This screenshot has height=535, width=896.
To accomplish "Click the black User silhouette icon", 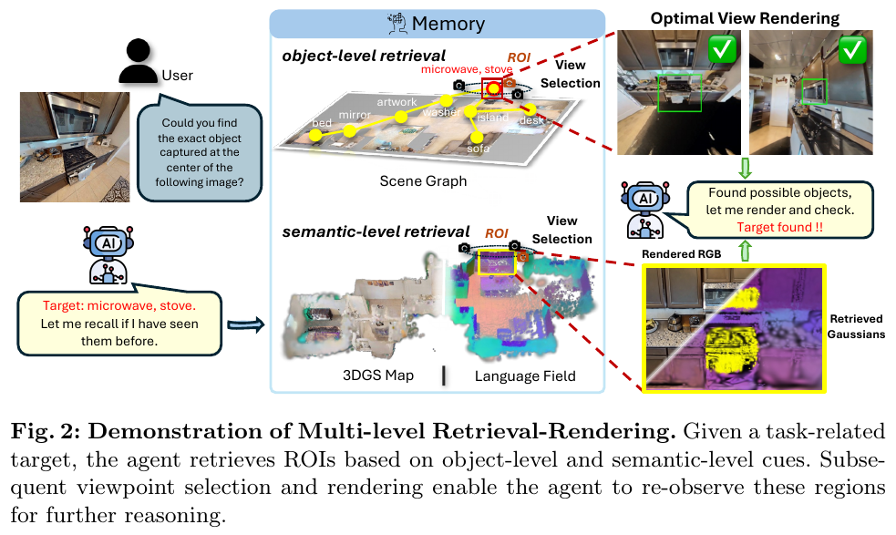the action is click(138, 61).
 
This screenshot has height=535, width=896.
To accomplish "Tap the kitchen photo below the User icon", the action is click(75, 147).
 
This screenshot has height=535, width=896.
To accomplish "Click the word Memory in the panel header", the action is click(448, 24).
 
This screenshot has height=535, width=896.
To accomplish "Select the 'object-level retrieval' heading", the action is click(364, 56).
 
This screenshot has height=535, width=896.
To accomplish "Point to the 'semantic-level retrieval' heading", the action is click(376, 231).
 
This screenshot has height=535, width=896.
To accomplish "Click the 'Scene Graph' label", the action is click(423, 181).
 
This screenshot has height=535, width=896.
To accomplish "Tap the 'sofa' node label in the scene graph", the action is click(478, 149).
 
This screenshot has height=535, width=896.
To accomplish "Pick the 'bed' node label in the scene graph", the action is click(322, 123).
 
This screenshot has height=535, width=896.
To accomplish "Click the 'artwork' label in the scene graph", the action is click(397, 102).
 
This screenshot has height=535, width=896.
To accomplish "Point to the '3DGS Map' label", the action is click(377, 376).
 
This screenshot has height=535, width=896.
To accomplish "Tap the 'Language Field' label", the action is click(525, 376).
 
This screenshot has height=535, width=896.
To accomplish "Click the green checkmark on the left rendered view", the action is click(722, 49).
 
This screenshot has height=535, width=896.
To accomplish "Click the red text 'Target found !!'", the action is click(779, 227).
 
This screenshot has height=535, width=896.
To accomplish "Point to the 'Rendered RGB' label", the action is click(681, 253).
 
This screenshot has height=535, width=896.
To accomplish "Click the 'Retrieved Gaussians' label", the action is click(856, 326).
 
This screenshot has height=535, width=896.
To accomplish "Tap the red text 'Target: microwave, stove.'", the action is click(118, 306).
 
